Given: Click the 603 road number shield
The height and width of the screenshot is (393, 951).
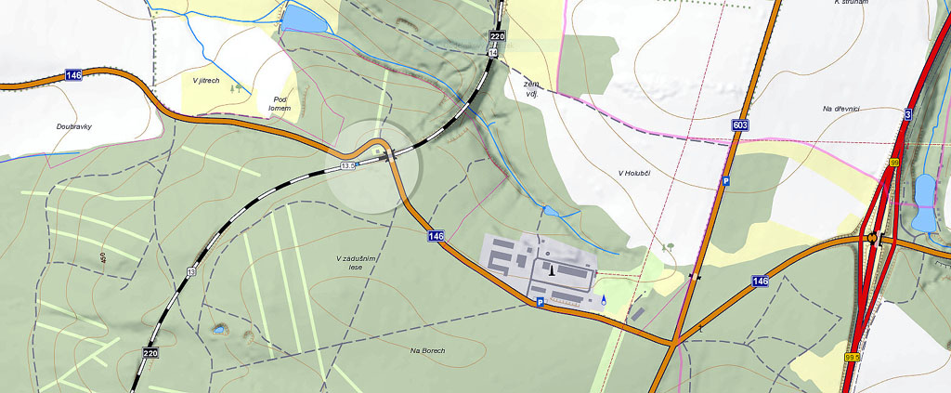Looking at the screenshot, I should [x=739, y=125].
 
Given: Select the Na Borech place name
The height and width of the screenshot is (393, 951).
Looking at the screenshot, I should [x=427, y=350].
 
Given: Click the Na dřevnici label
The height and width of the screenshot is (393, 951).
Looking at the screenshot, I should [x=840, y=110].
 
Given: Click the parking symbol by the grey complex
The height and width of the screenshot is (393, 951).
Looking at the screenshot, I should [x=539, y=303].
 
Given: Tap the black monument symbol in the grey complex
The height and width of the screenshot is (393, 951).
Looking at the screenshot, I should [x=553, y=270].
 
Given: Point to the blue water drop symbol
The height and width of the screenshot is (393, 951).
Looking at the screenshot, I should [x=604, y=300].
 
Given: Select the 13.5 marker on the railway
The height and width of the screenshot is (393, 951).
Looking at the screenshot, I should [x=348, y=165].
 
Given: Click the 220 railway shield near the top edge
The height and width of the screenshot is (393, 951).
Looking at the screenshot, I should [x=497, y=37].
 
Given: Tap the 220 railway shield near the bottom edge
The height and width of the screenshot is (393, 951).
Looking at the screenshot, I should [x=150, y=353].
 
